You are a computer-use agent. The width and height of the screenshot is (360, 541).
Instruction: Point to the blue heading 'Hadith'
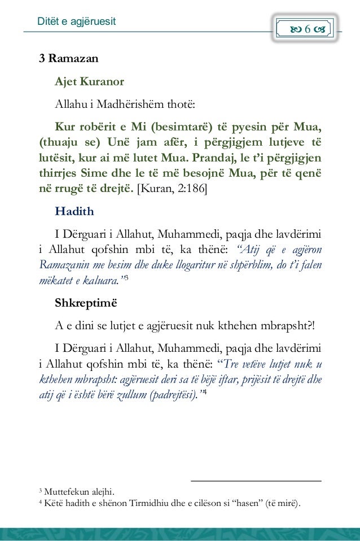[x=72, y=212]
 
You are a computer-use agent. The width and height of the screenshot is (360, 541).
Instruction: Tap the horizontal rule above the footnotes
[x=256, y=481]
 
